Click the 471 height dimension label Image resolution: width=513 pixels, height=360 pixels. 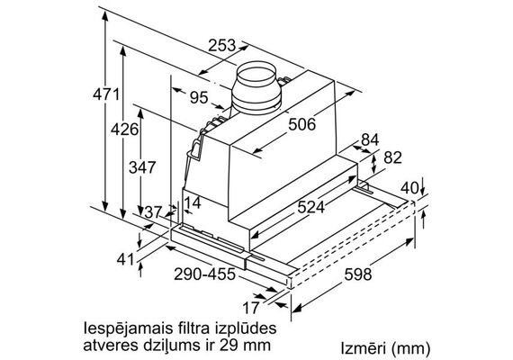(x=106, y=94)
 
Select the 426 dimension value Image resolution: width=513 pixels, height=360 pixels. (x=124, y=130)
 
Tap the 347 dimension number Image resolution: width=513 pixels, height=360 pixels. (x=141, y=167)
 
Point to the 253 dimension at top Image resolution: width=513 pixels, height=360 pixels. (x=221, y=45)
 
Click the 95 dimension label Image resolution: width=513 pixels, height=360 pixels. (x=199, y=97)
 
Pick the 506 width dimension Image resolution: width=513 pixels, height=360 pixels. (x=302, y=124)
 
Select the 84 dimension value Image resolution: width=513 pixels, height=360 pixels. (x=370, y=139)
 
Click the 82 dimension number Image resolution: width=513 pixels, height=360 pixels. (x=392, y=157)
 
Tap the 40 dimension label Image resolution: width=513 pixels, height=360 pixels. (x=409, y=188)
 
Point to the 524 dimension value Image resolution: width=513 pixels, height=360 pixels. (x=310, y=207)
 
